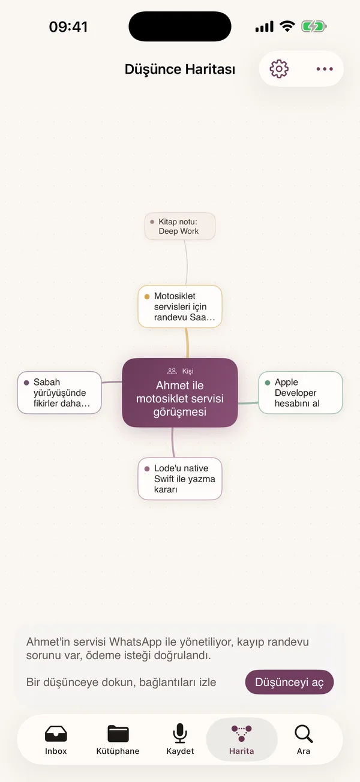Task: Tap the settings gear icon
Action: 279,69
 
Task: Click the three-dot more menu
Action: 325,69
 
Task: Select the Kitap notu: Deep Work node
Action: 180,226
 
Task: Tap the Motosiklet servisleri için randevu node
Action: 180,306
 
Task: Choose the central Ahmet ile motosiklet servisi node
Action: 180,392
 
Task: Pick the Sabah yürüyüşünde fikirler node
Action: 59,392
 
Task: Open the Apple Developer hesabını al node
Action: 300,392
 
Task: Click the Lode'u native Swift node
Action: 180,479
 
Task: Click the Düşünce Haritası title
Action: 180,69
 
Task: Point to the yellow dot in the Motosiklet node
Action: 147,296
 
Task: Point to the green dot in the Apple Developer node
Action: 268,383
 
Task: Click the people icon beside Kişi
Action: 172,371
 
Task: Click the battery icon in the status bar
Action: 314,26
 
